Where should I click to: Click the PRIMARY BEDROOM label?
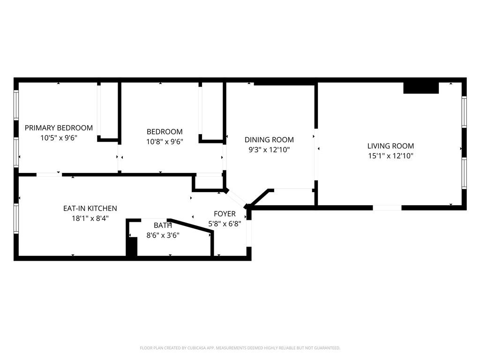[59, 127]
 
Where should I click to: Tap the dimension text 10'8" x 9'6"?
[164, 142]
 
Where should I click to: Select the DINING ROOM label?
[269, 140]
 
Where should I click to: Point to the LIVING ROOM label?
[390, 146]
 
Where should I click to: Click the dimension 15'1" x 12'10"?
[390, 156]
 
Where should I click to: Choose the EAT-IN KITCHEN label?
[90, 208]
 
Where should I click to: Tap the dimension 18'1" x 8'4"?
[90, 218]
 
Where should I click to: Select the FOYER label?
[225, 214]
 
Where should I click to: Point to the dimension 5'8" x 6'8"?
[225, 224]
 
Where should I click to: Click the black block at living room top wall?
[420, 88]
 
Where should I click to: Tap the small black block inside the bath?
[133, 247]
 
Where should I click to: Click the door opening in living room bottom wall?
[387, 207]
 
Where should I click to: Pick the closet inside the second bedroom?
[211, 112]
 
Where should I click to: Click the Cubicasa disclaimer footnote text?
[240, 348]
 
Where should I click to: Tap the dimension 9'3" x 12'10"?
[269, 150]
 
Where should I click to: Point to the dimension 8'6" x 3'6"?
[163, 235]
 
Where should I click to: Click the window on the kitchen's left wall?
[16, 218]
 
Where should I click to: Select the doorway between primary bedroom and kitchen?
[48, 175]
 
